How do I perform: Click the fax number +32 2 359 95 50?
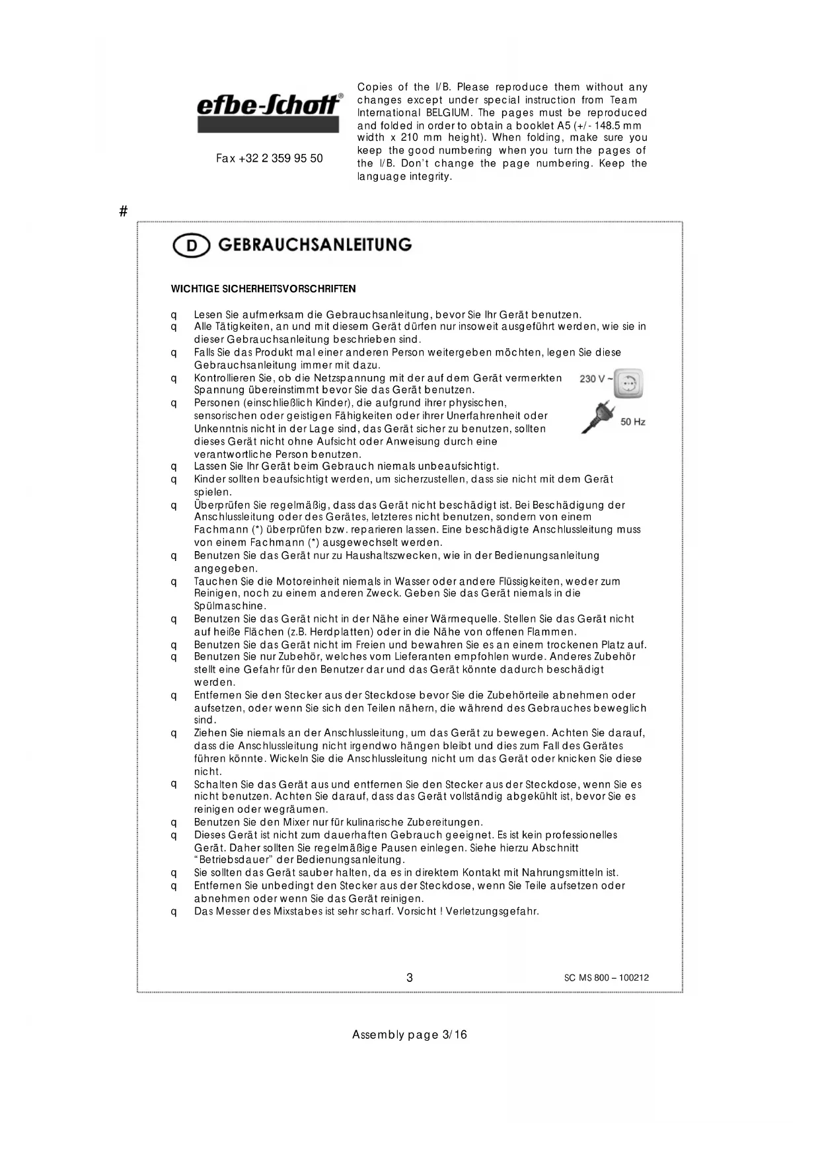click(x=270, y=159)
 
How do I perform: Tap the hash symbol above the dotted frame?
click(x=123, y=211)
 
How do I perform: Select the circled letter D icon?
click(x=191, y=246)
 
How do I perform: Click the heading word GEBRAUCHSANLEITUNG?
click(x=315, y=245)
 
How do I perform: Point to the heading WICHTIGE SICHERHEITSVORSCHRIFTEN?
click(x=263, y=289)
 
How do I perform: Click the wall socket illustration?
click(x=628, y=384)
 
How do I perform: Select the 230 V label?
click(x=593, y=379)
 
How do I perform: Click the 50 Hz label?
click(x=632, y=422)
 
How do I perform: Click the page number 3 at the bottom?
click(x=410, y=977)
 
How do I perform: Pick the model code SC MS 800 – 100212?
click(x=606, y=978)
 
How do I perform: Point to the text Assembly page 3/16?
click(x=409, y=1035)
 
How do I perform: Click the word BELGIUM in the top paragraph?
click(x=447, y=112)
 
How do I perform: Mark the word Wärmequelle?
click(x=466, y=618)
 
